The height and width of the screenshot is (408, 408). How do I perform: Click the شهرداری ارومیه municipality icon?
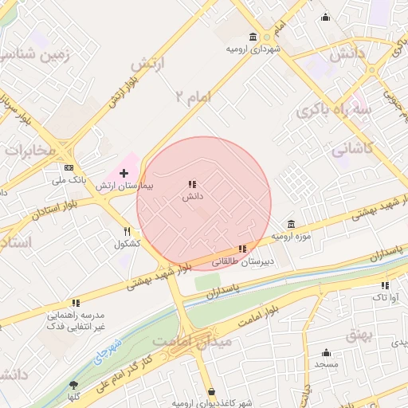click(253, 37)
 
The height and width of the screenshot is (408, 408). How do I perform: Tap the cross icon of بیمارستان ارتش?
click(124, 173)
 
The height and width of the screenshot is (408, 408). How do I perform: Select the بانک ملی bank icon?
click(69, 167)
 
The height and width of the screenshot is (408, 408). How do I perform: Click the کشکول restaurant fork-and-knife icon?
click(126, 232)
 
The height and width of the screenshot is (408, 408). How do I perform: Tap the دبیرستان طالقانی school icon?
click(242, 249)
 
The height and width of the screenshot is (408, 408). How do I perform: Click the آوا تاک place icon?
click(385, 284)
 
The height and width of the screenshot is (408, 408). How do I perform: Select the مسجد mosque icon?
click(326, 352)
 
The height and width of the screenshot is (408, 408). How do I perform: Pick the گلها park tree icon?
click(74, 385)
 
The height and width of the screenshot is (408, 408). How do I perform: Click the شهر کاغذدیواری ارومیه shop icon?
click(211, 391)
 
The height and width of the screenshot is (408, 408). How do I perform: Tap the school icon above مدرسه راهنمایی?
click(76, 303)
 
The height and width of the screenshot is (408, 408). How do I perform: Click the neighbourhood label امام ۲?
click(194, 97)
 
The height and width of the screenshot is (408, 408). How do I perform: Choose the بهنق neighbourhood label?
click(359, 335)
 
